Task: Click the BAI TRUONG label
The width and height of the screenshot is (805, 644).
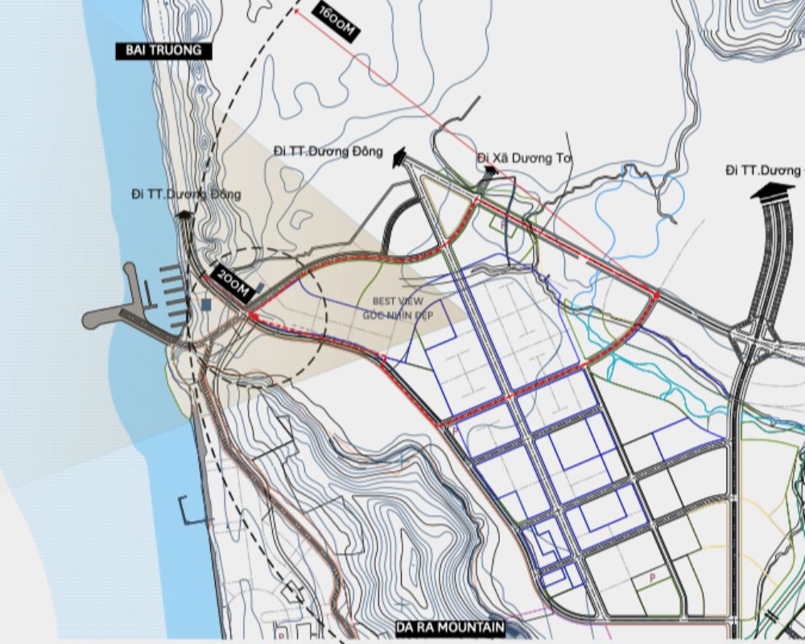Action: click(x=163, y=51)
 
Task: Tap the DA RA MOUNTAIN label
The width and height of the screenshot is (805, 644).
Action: click(x=449, y=626)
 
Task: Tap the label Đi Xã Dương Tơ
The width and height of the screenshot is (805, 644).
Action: click(x=524, y=158)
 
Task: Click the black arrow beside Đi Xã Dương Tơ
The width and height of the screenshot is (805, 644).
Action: click(x=489, y=169)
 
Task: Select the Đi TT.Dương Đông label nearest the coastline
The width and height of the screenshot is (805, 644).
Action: click(x=186, y=194)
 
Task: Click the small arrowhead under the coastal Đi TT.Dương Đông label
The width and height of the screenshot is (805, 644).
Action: click(x=184, y=214)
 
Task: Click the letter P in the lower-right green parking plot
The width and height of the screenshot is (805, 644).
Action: click(x=653, y=578)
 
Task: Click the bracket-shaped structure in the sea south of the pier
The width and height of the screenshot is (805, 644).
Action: click(x=190, y=510)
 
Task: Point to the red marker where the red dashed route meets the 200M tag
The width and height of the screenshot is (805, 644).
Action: click(x=253, y=316)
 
